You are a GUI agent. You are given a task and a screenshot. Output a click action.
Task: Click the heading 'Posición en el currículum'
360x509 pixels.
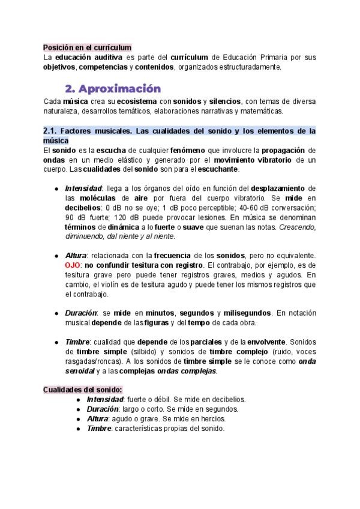(x=87, y=47)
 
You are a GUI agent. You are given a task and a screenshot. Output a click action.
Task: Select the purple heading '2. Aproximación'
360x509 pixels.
(x=113, y=88)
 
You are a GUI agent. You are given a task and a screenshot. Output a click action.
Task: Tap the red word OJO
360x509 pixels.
(x=73, y=265)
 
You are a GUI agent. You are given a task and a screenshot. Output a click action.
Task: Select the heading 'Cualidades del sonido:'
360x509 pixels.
(x=82, y=390)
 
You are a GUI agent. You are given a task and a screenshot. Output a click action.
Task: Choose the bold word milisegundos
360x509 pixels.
(x=246, y=313)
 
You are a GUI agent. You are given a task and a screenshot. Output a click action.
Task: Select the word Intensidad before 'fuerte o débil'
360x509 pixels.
(x=105, y=399)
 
